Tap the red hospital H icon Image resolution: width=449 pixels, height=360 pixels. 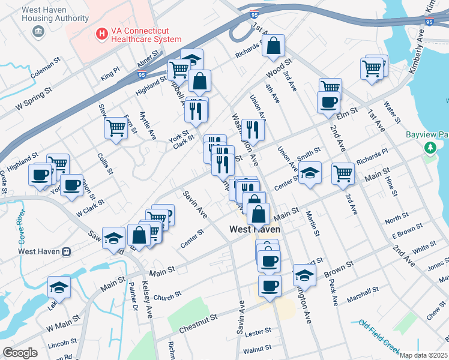102,34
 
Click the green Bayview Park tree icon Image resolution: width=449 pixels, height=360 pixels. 430,148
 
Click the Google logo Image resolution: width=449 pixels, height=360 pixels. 19,353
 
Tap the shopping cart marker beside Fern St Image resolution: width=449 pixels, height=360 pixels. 116,127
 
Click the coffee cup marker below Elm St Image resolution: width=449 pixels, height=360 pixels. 328,102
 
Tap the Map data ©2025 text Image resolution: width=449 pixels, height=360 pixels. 423,355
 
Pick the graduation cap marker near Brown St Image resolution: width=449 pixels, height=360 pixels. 304,274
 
